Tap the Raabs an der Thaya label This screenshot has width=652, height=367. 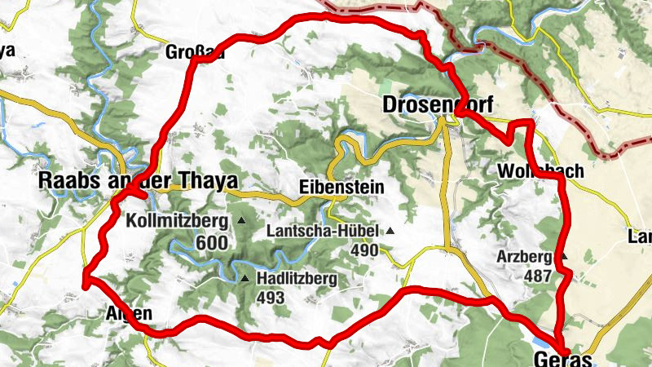tap(139, 181)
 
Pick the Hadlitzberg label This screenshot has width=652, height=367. tap(296, 279)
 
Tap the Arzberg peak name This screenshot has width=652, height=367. tap(525, 257)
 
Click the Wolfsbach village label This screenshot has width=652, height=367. tap(540, 171)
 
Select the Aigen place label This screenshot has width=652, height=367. tap(129, 313)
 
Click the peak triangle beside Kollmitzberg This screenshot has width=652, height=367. tap(240, 221)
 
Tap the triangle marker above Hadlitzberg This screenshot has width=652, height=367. tap(244, 279)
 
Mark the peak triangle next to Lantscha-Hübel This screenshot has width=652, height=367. tap(390, 231)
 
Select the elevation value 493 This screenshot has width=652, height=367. tap(270, 298)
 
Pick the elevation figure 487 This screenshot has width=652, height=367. tap(538, 276)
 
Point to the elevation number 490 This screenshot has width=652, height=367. tap(364, 250)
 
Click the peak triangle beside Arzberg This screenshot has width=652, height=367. tap(563, 256)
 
